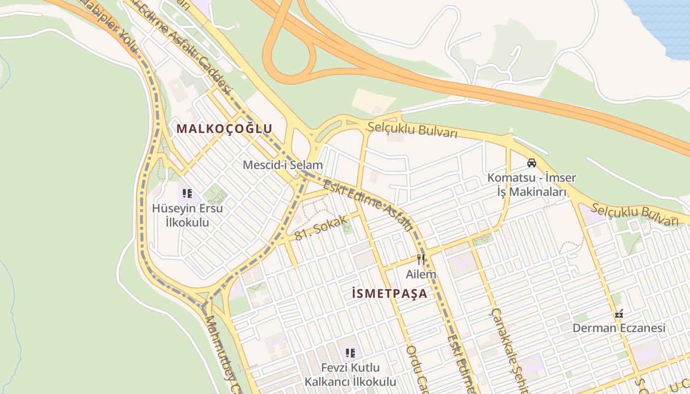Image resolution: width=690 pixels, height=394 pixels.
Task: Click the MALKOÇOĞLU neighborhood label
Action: [x=224, y=129]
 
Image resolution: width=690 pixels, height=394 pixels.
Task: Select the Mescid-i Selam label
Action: [x=282, y=165]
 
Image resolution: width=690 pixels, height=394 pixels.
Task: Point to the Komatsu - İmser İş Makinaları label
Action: [x=532, y=185]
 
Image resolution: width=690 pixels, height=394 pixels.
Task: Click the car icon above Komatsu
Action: [x=532, y=163]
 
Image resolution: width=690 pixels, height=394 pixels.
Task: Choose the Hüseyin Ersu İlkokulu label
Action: [x=187, y=215]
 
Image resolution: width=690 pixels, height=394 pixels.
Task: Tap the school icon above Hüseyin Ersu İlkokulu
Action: [x=187, y=194]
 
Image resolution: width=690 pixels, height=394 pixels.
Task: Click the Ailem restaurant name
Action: [x=421, y=274]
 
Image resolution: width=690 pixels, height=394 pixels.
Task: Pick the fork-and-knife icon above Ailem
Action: [x=420, y=259]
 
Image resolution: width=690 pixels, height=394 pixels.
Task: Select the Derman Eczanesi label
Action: [x=619, y=328]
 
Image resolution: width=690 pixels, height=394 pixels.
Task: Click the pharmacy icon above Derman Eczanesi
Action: [x=619, y=313]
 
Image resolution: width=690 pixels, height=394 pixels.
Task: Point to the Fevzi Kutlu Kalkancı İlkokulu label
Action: [x=350, y=375]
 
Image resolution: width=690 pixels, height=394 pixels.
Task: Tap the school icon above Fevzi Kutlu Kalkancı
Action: [x=350, y=353]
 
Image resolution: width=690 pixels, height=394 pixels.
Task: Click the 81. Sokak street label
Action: [x=321, y=228]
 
